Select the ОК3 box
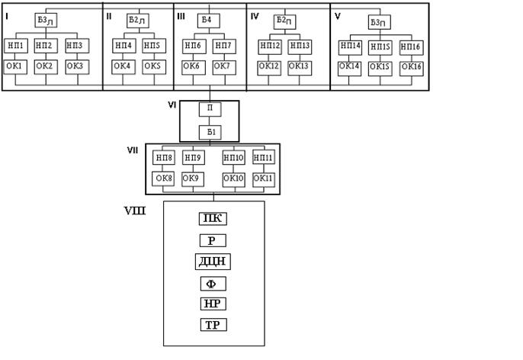[x=75, y=66]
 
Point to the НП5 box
[x=152, y=46]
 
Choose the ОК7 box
[x=223, y=66]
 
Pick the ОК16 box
[x=412, y=66]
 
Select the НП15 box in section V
[x=380, y=47]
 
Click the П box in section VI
[x=210, y=110]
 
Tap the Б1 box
[x=210, y=132]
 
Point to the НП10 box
[x=234, y=158]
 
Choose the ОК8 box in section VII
[x=164, y=178]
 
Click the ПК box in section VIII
[x=213, y=219]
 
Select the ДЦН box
[x=213, y=262]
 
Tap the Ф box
[x=213, y=284]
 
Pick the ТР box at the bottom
[x=213, y=325]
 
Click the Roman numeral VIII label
[x=136, y=208]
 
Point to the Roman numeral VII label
[x=132, y=150]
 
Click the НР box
[x=213, y=304]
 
